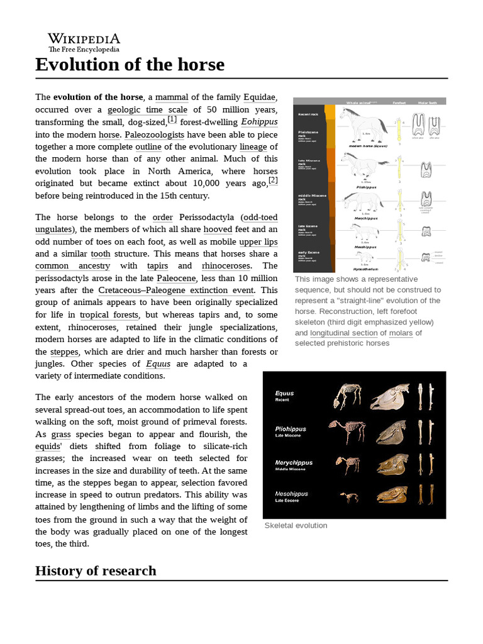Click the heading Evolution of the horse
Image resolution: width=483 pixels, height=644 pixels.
(130, 65)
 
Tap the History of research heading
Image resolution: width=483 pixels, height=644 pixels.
(96, 570)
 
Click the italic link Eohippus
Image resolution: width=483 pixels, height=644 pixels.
(259, 122)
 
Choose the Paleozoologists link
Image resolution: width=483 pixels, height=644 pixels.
(154, 135)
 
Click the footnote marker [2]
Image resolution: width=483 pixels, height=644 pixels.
(273, 180)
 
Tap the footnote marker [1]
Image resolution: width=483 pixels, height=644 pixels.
(172, 119)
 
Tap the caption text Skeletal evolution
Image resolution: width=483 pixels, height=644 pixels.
(296, 525)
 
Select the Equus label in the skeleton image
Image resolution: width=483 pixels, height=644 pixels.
(284, 394)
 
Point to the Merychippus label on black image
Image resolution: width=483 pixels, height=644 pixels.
(294, 463)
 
